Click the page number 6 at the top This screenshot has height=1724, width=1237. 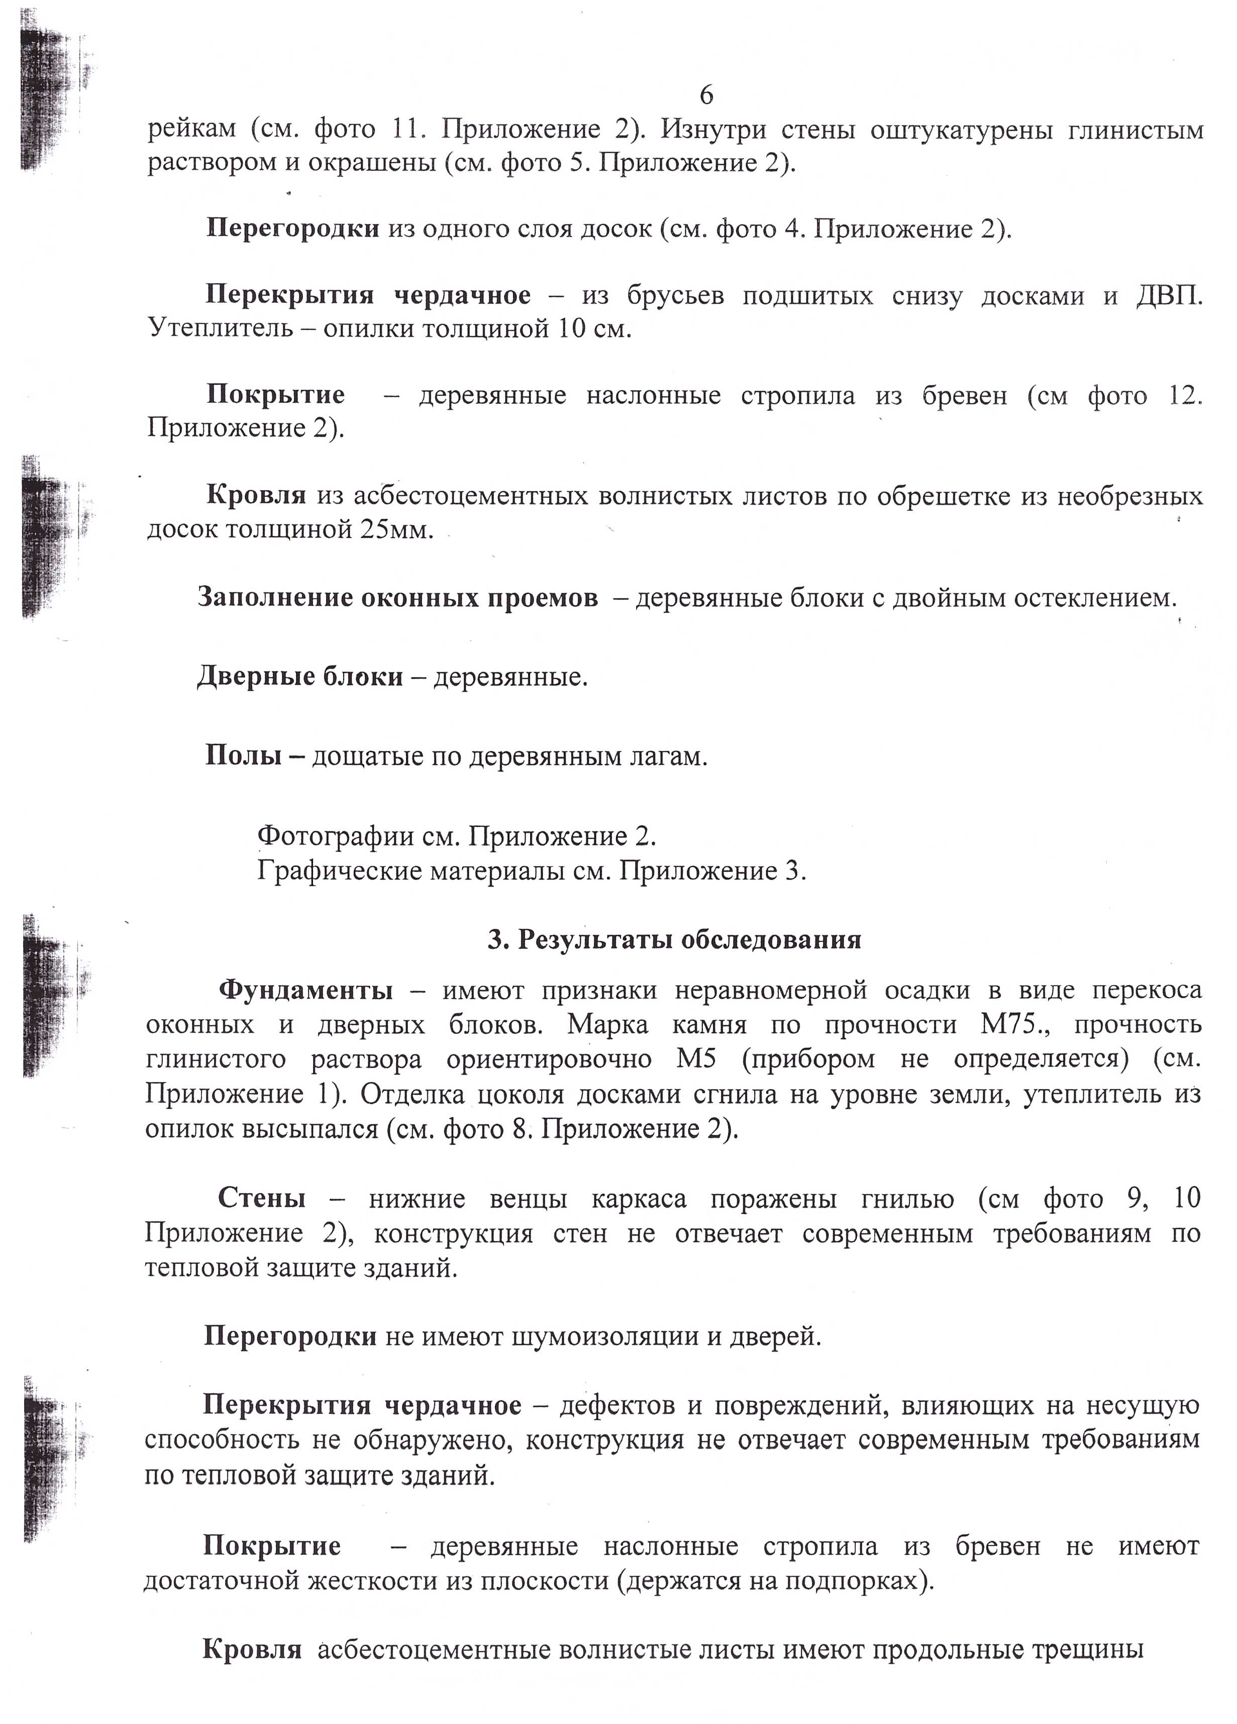(x=705, y=96)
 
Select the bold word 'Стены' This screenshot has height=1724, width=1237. (x=262, y=1199)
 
